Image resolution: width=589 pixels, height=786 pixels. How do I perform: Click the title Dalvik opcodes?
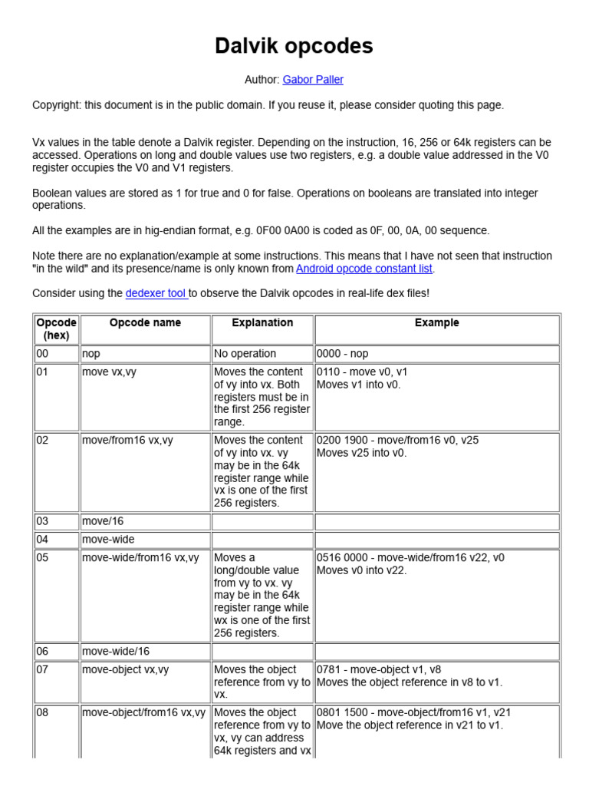294,47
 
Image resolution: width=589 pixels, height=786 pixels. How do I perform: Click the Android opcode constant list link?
364,269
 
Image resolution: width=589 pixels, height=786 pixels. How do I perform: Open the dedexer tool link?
156,293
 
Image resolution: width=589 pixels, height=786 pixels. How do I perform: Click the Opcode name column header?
145,323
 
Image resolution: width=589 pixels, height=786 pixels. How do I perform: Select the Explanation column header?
262,323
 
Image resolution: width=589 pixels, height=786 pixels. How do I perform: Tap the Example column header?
436,323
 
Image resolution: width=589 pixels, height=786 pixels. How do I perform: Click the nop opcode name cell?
91,354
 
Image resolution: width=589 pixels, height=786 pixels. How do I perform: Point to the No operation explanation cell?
245,354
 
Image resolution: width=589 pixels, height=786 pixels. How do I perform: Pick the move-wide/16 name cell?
116,651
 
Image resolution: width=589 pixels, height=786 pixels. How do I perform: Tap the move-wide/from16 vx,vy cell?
140,558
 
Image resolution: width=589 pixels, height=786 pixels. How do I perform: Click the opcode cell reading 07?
43,669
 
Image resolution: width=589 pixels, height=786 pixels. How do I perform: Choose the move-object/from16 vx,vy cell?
144,712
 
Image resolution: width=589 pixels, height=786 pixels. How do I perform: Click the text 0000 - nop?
343,354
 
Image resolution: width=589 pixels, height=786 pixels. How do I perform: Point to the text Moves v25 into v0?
363,453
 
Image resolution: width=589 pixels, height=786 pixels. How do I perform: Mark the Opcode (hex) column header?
57,329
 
